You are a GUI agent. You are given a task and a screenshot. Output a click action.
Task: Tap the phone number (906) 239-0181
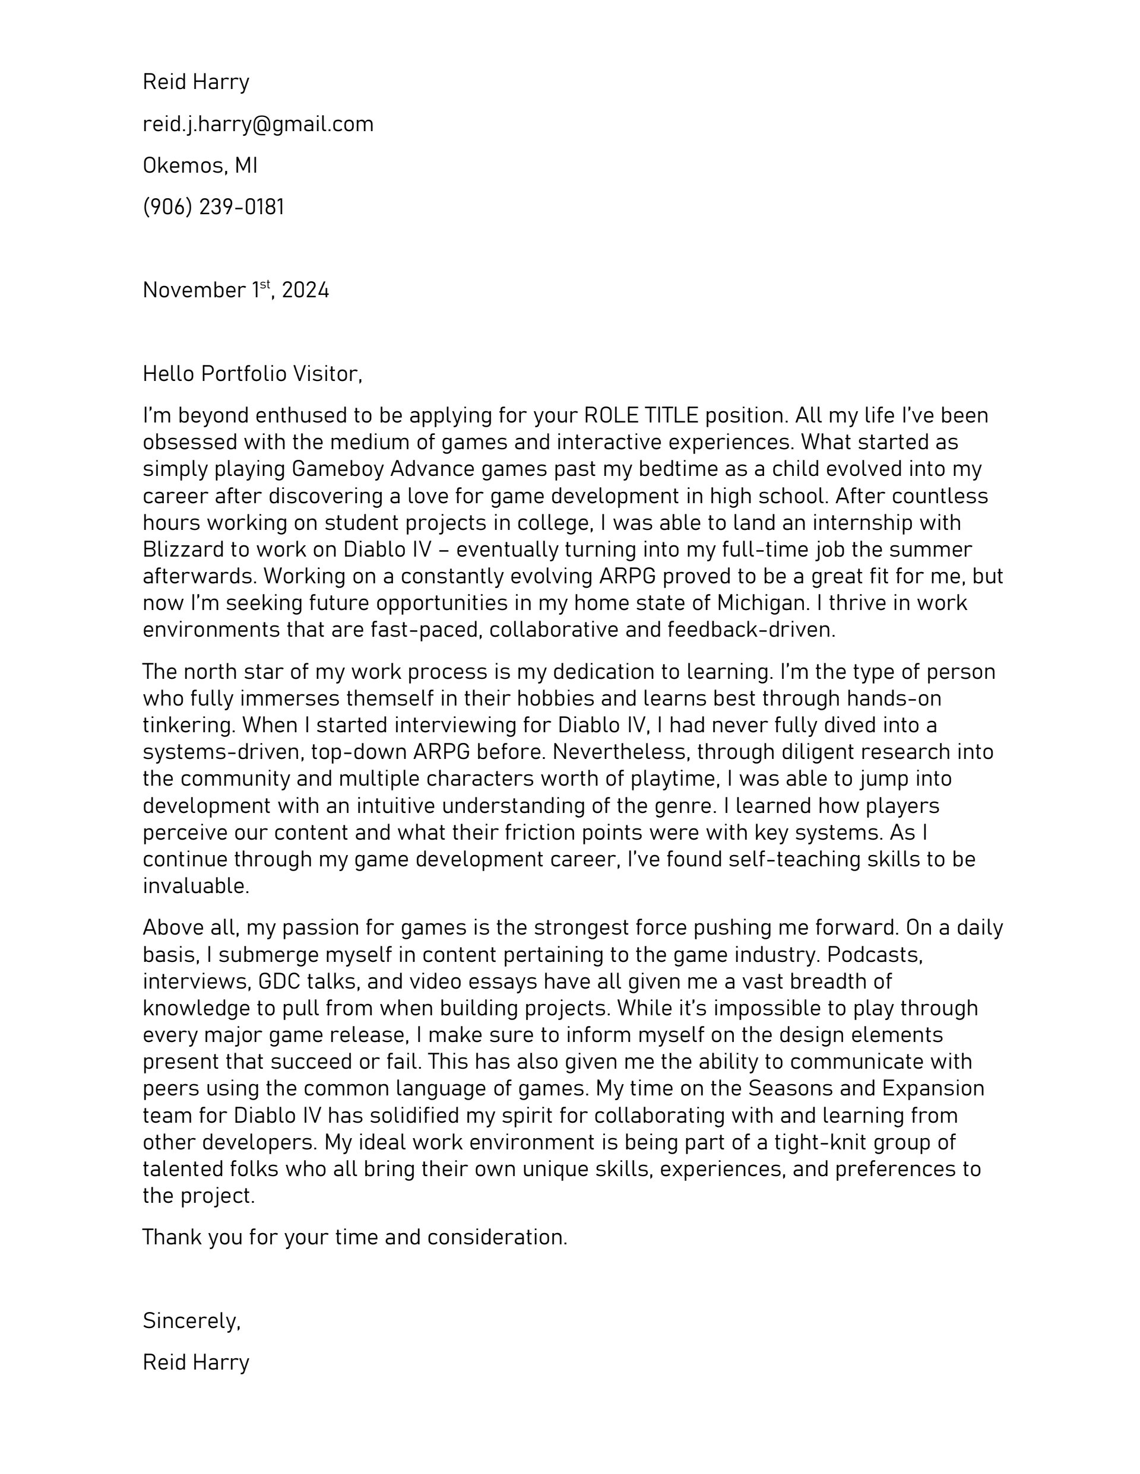pyautogui.click(x=213, y=207)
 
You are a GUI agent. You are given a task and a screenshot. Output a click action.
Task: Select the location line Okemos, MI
pyautogui.click(x=200, y=166)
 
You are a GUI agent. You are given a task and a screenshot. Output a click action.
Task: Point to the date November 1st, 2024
pyautogui.click(x=236, y=290)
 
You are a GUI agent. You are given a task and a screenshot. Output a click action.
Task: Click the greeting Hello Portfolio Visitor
pyautogui.click(x=252, y=374)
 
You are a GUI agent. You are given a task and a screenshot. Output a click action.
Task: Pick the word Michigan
pyautogui.click(x=758, y=603)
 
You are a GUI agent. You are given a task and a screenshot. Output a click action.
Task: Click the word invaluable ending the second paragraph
pyautogui.click(x=196, y=886)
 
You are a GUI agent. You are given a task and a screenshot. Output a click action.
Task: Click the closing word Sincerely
pyautogui.click(x=191, y=1321)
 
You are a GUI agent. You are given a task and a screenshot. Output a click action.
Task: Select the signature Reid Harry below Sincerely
pyautogui.click(x=196, y=1362)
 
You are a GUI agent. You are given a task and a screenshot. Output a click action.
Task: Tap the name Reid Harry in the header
pyautogui.click(x=196, y=82)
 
